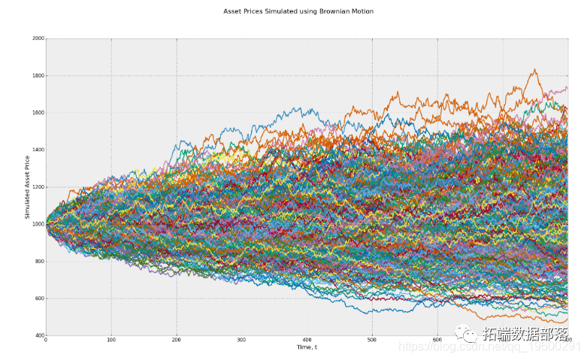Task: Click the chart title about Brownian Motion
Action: point(298,11)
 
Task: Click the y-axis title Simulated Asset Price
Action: point(28,187)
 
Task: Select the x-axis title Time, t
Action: point(306,346)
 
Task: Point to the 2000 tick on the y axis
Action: point(38,38)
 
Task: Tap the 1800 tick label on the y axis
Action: point(38,76)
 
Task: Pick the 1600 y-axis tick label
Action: point(38,113)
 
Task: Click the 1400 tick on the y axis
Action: point(38,150)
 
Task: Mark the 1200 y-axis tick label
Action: point(38,187)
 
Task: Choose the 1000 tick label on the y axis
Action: point(38,224)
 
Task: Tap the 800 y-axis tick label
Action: point(39,262)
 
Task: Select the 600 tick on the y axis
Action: point(39,298)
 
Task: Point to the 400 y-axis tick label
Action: point(39,335)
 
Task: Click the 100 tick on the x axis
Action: point(111,340)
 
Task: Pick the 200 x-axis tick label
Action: point(176,340)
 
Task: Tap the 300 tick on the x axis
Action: point(241,340)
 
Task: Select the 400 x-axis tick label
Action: point(307,340)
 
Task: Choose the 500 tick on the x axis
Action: point(372,340)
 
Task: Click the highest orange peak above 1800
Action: point(534,70)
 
